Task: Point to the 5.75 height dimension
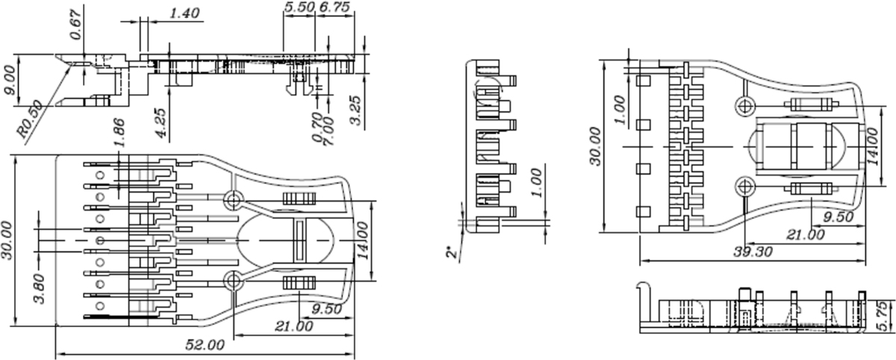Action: (x=885, y=316)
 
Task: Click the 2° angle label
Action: (x=452, y=254)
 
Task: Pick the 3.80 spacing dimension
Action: (x=42, y=288)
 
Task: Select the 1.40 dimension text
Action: (x=184, y=13)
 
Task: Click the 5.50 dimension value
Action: (x=299, y=7)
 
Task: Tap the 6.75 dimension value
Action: (x=335, y=7)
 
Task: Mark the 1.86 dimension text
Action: (x=119, y=131)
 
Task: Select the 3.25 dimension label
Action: (x=357, y=109)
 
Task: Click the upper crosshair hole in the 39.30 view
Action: (x=744, y=106)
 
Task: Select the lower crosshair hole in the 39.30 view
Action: (x=744, y=186)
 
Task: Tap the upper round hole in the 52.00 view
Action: (x=233, y=199)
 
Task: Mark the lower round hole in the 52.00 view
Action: (x=233, y=281)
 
